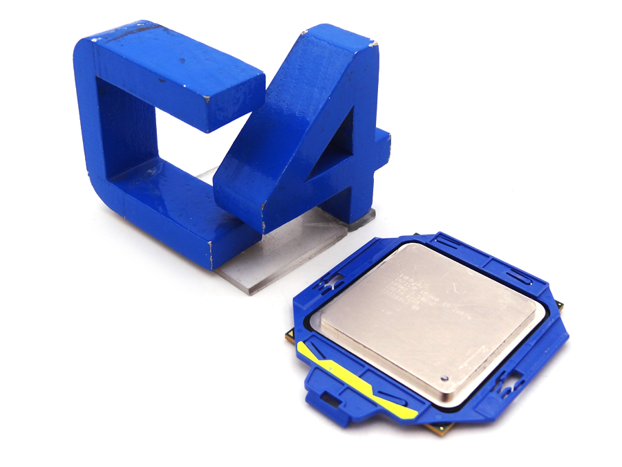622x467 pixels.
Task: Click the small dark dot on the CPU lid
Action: pos(444,378)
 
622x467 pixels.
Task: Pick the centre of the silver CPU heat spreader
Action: pos(426,322)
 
